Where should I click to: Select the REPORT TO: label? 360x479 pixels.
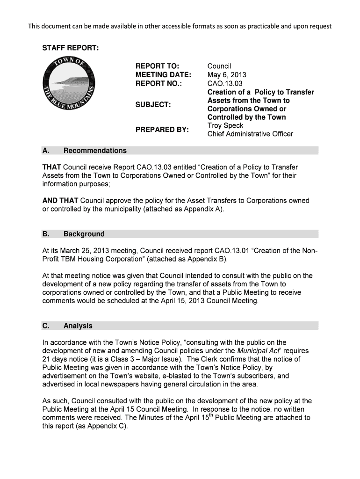(158, 66)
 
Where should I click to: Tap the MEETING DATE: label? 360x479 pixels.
(163, 75)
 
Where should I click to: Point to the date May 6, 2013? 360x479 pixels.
(227, 75)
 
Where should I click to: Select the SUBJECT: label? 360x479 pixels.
(153, 104)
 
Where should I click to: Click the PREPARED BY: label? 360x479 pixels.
(162, 129)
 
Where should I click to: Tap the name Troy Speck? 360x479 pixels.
(225, 125)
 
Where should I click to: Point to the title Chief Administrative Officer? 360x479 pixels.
(250, 134)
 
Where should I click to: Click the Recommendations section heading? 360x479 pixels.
(95, 151)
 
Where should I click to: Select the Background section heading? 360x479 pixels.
(84, 234)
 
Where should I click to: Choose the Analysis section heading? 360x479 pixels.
(78, 326)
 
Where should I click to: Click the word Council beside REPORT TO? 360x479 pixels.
(219, 66)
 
